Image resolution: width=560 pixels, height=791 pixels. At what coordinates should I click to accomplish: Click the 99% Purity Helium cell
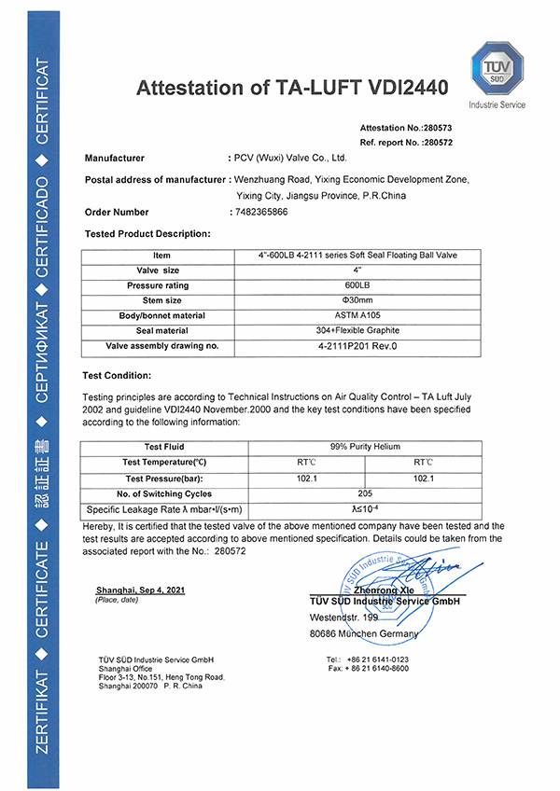(371, 447)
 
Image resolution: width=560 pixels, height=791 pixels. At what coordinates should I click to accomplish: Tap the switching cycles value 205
(371, 493)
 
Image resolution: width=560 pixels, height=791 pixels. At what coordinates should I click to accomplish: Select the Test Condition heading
(118, 376)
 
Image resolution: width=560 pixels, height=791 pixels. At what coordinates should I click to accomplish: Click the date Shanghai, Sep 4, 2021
(133, 590)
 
